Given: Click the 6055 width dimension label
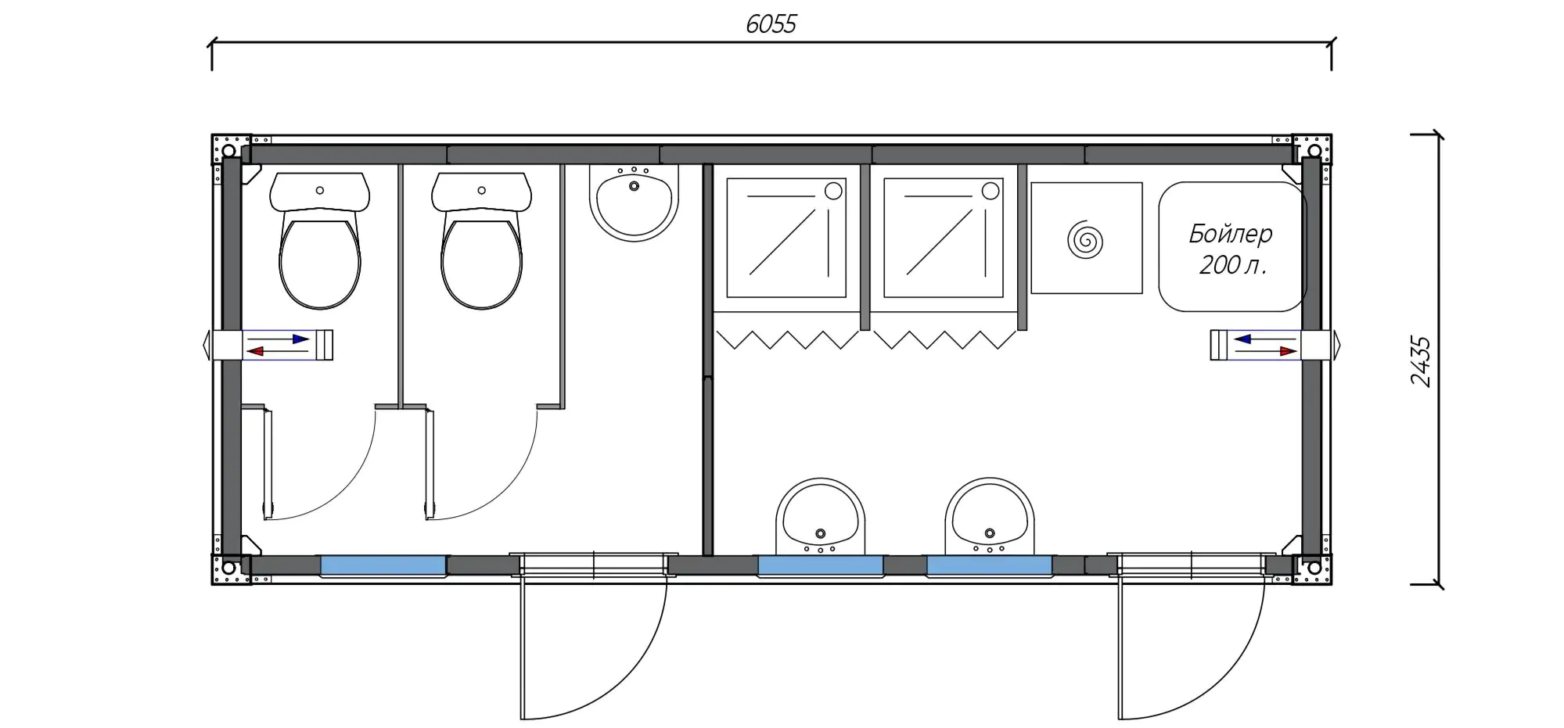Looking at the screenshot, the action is click(x=771, y=24).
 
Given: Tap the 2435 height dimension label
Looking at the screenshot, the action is click(x=1421, y=361).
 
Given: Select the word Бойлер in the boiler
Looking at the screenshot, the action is click(x=1231, y=233).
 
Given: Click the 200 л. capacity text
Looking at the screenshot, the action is click(x=1232, y=265).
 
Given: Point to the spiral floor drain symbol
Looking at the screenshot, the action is click(x=1085, y=239).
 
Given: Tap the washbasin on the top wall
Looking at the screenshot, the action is click(x=634, y=203).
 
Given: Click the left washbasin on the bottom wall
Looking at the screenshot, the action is click(x=820, y=516).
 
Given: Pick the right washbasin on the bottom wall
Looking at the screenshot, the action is click(x=990, y=516).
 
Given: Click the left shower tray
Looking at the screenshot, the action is click(x=786, y=238).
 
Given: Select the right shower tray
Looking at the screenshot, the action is click(x=944, y=238).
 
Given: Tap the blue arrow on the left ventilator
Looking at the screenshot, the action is click(x=279, y=339).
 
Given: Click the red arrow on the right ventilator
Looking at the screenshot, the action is click(x=1266, y=351).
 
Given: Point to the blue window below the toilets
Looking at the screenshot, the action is click(x=383, y=565).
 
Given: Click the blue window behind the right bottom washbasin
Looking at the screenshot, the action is click(x=990, y=565).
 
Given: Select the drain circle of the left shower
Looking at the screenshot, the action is click(x=833, y=191).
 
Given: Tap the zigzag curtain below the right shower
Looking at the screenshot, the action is click(x=944, y=339).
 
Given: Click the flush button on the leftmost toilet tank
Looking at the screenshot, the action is click(x=319, y=190).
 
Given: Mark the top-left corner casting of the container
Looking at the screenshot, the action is click(x=230, y=149).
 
